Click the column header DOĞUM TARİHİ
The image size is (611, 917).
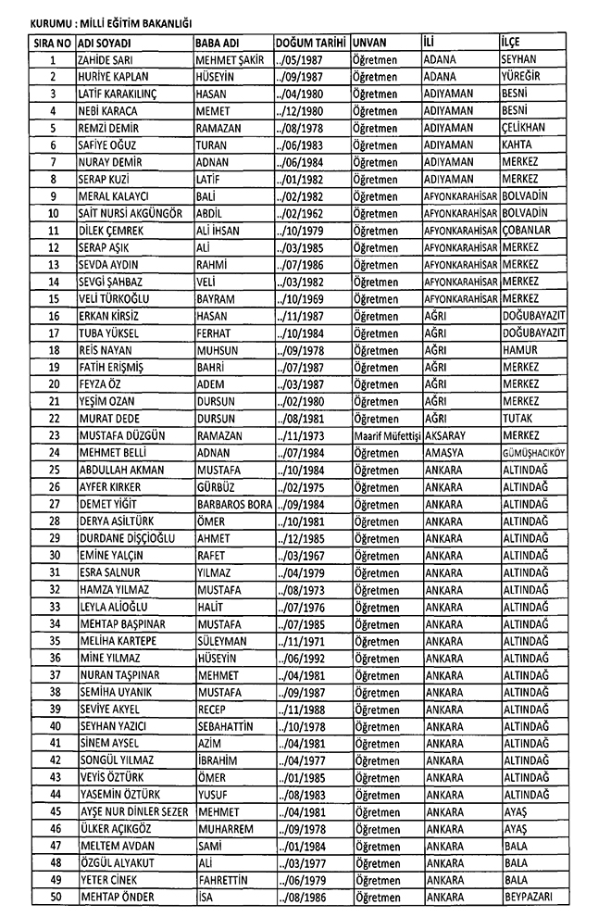tap(310, 43)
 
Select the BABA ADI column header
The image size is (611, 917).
tap(219, 43)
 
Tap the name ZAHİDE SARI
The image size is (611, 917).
tap(105, 60)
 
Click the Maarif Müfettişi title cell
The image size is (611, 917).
tap(386, 434)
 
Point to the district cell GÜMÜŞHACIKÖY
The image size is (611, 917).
tap(532, 452)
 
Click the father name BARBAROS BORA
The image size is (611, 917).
tap(233, 503)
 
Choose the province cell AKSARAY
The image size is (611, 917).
tap(447, 434)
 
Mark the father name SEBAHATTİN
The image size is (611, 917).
tap(225, 724)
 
